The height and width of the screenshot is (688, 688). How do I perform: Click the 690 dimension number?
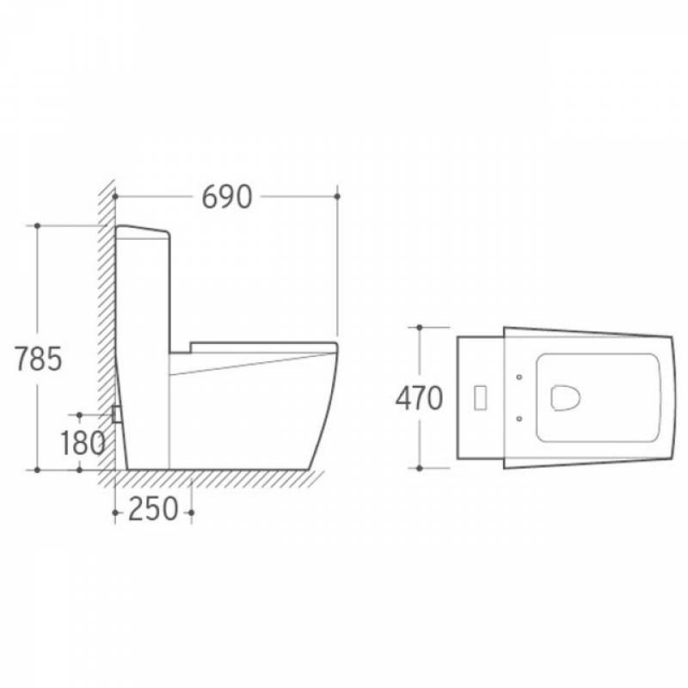[x=227, y=197]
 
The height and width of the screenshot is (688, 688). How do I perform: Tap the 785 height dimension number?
[x=38, y=359]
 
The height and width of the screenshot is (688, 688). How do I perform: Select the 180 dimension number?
[x=83, y=443]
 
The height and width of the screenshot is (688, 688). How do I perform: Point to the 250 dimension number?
[x=153, y=509]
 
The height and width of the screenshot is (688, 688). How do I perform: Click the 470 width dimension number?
[x=419, y=398]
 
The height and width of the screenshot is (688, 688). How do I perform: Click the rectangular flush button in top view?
[x=481, y=397]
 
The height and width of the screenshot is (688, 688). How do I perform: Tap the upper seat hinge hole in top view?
[x=519, y=377]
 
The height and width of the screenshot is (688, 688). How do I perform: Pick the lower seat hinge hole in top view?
[x=519, y=419]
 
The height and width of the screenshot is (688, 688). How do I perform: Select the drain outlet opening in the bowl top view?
[x=566, y=398]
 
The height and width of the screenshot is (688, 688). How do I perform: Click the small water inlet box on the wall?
[x=117, y=415]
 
